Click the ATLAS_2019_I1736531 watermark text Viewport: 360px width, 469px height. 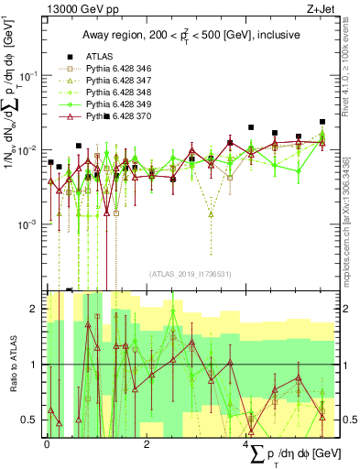(190, 273)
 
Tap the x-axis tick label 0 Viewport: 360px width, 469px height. (47, 443)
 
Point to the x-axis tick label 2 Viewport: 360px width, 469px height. (147, 443)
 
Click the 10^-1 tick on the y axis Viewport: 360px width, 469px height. (29, 76)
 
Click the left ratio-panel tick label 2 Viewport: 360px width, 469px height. (33, 310)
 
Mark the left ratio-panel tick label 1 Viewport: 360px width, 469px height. (33, 365)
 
